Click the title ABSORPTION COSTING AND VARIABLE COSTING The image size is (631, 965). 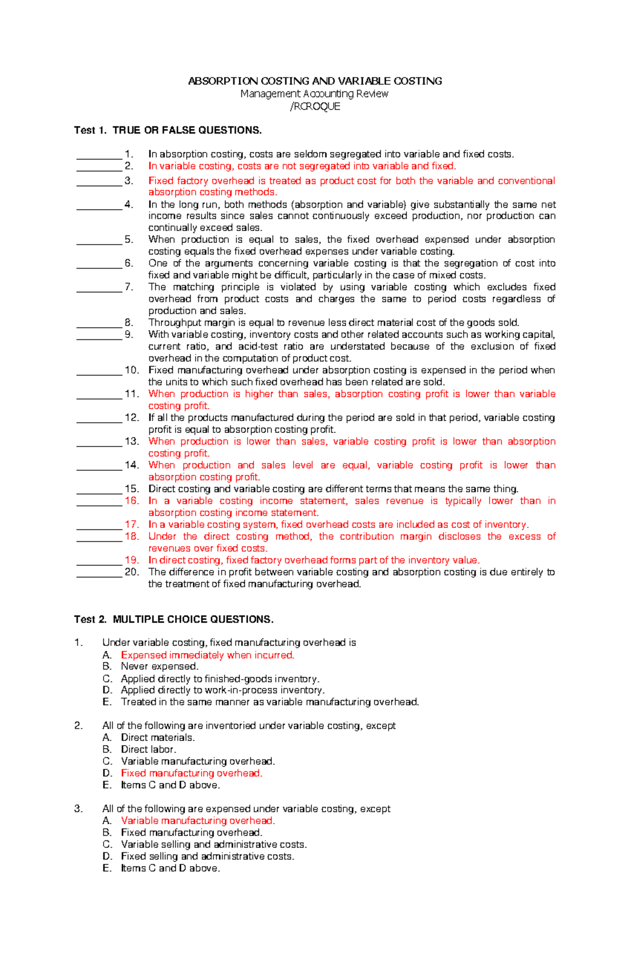click(x=315, y=81)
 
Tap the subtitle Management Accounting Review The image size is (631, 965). click(x=314, y=94)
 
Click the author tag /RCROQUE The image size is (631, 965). click(x=315, y=106)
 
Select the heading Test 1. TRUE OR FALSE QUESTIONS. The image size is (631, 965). click(x=168, y=130)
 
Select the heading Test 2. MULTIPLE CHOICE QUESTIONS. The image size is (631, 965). click(x=174, y=619)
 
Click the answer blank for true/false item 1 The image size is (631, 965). click(x=99, y=155)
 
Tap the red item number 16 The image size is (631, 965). click(x=132, y=501)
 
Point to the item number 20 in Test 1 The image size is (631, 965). click(x=132, y=572)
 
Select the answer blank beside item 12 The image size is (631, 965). click(x=99, y=419)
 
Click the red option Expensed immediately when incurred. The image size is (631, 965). click(x=207, y=655)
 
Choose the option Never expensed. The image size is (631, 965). click(x=159, y=666)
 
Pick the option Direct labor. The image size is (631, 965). click(x=148, y=749)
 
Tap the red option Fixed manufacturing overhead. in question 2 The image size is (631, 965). click(x=191, y=773)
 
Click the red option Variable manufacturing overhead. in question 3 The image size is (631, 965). click(x=198, y=820)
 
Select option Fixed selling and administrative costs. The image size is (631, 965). click(x=207, y=856)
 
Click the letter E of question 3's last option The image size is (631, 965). click(x=107, y=868)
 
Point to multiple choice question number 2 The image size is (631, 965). click(x=78, y=726)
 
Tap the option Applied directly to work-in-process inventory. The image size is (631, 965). click(x=222, y=690)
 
